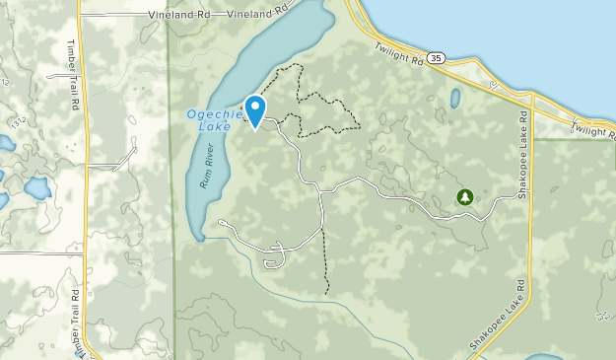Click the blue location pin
coord(254,108)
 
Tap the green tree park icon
coord(463,197)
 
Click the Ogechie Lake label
coord(209,119)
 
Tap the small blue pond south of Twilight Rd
coord(454,99)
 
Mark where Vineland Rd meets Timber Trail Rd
coord(80,16)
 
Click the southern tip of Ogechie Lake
coord(200,237)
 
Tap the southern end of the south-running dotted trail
coord(326,294)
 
